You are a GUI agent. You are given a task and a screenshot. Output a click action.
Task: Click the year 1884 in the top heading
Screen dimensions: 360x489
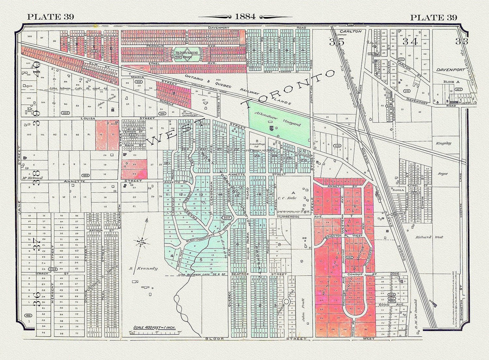[246, 17]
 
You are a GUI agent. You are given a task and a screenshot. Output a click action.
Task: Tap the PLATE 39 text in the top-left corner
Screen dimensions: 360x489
[50, 17]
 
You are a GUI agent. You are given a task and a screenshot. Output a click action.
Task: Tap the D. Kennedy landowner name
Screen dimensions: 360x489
[147, 269]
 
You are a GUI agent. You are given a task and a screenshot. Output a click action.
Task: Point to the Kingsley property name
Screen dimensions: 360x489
[444, 143]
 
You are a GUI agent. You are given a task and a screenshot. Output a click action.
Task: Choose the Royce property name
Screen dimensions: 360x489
[442, 174]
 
